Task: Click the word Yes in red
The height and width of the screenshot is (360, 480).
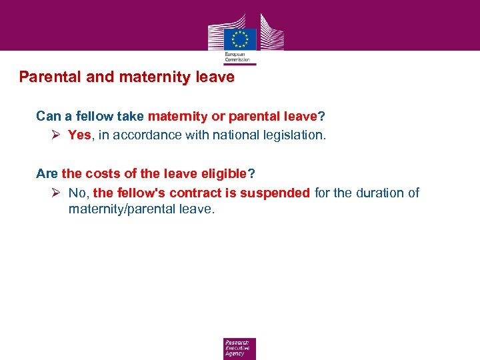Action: pyautogui.click(x=79, y=135)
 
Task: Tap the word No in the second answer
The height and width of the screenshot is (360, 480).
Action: pyautogui.click(x=77, y=193)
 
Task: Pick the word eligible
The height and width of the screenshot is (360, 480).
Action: pyautogui.click(x=222, y=174)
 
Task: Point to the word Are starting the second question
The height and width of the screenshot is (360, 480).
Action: pyautogui.click(x=47, y=174)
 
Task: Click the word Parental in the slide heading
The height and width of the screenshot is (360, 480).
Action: pyautogui.click(x=51, y=77)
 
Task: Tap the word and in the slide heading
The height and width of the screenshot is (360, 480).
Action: pyautogui.click(x=101, y=77)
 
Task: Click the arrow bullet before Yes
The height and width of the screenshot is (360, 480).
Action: pyautogui.click(x=57, y=135)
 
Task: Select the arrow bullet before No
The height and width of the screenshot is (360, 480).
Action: pyautogui.click(x=57, y=193)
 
